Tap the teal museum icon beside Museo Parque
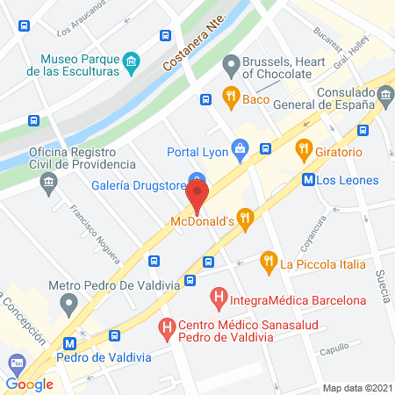[132, 61]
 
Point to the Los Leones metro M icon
[308, 180]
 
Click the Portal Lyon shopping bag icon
[239, 147]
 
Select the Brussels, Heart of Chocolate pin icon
[231, 63]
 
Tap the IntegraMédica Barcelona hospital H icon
[221, 300]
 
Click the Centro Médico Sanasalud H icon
[167, 330]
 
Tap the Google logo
[29, 384]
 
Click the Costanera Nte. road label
[195, 41]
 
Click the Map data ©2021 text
[356, 387]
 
